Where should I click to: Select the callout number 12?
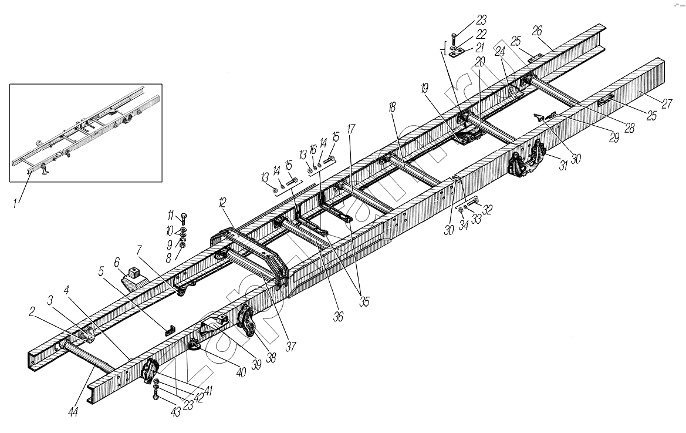tap(222, 203)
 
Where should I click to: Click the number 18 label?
tap(392, 108)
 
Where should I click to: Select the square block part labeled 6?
tap(134, 273)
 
